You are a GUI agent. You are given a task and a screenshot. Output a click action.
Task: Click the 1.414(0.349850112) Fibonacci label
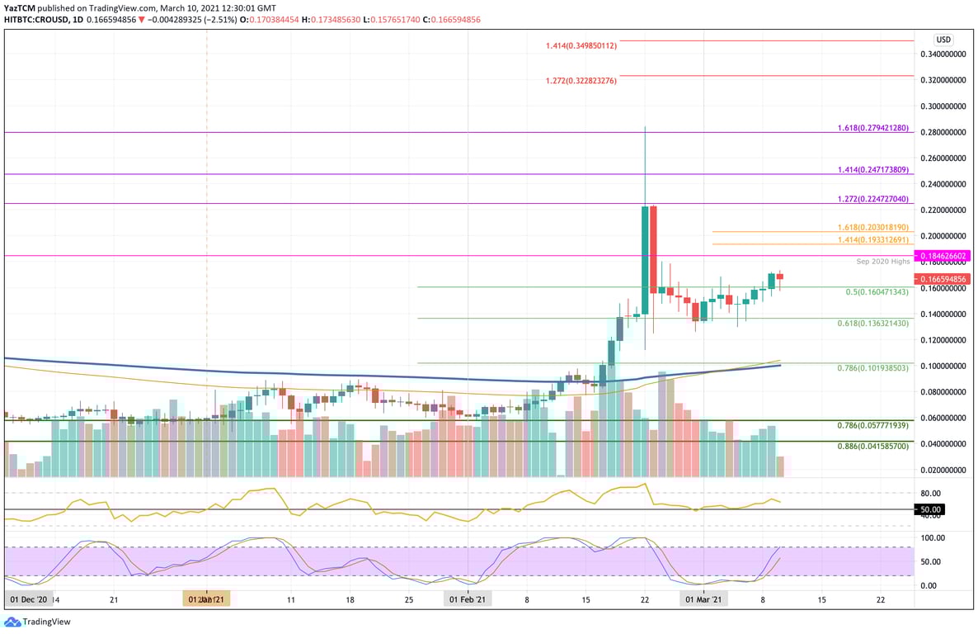(x=581, y=45)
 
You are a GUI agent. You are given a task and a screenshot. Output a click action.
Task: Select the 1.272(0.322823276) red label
(x=581, y=80)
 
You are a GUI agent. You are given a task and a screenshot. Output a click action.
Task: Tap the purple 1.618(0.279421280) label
(x=872, y=129)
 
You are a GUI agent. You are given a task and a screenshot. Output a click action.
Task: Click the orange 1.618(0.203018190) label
(x=872, y=226)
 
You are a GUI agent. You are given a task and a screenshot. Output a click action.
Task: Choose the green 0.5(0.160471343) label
(x=877, y=291)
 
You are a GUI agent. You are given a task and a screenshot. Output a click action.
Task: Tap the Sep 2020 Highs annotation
(x=882, y=261)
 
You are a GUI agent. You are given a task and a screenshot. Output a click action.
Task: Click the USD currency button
(x=943, y=40)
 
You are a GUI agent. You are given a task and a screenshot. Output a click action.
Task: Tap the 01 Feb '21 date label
(x=468, y=599)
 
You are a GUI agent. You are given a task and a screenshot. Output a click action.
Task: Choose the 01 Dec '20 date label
(x=27, y=599)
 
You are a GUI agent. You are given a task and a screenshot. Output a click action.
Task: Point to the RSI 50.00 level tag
(x=930, y=509)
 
